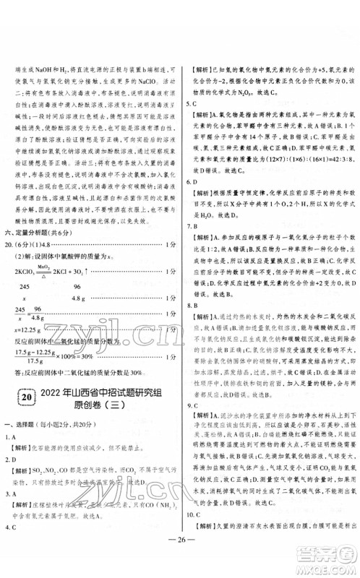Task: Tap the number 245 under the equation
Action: [x=25, y=286]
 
